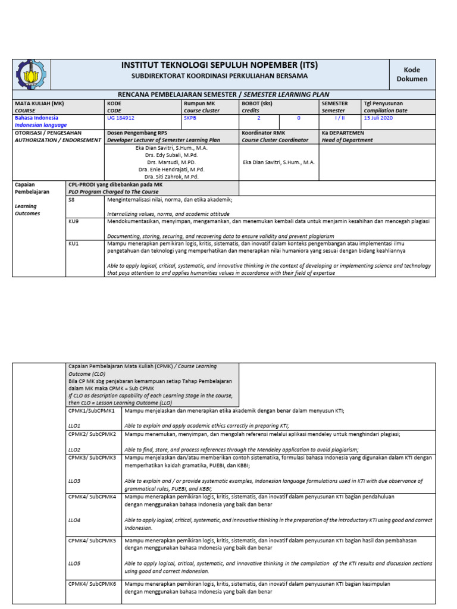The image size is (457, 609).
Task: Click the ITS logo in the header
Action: tap(32, 74)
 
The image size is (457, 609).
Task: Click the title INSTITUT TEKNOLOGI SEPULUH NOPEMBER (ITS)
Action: tap(220, 65)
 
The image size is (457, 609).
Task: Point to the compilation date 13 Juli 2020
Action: tap(378, 118)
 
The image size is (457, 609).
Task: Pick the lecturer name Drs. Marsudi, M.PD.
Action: tap(171, 162)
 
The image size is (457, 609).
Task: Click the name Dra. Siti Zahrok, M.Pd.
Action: tap(171, 177)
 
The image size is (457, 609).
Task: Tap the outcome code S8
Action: tap(73, 200)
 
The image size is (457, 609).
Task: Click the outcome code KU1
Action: tap(74, 243)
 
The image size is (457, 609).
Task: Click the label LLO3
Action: tap(74, 481)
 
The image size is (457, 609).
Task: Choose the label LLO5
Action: tap(74, 563)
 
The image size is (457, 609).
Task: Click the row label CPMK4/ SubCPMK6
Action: tap(92, 584)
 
